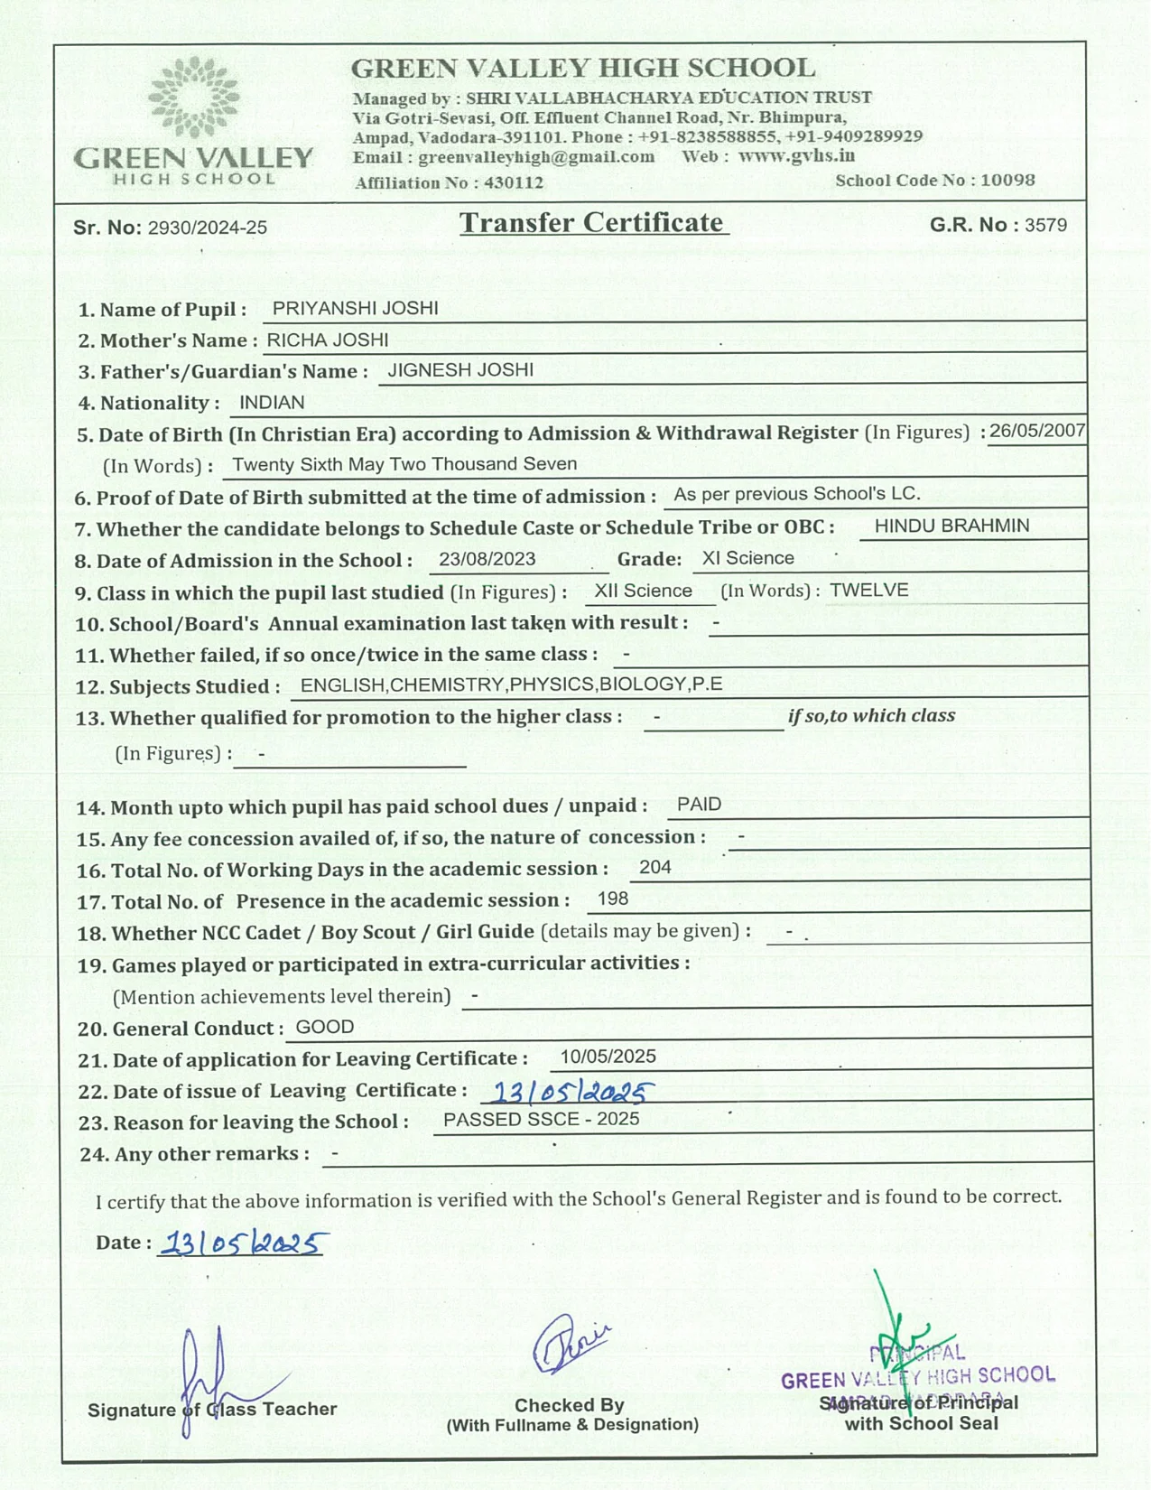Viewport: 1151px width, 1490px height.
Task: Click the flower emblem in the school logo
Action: tap(193, 97)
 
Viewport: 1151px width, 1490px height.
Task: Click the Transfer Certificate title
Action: tap(592, 222)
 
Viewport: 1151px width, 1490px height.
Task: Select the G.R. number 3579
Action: tap(1045, 225)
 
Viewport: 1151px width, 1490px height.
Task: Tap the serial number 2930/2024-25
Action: tap(208, 228)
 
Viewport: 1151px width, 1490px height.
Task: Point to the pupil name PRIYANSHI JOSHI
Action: tap(355, 308)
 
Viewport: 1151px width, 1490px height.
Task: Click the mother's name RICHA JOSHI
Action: tap(328, 340)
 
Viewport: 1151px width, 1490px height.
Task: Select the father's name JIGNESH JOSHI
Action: tap(460, 370)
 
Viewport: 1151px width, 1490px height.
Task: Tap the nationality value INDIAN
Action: tap(272, 403)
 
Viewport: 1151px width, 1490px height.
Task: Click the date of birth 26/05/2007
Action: tap(1037, 431)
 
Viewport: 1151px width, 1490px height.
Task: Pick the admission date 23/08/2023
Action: tap(487, 559)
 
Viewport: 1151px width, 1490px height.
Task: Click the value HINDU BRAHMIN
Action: tap(951, 526)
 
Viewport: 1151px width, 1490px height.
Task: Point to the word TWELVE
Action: tap(869, 591)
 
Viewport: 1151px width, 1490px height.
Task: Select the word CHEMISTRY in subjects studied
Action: tap(449, 684)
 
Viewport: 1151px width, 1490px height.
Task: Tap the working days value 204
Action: tap(655, 868)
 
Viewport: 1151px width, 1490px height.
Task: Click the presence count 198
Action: tap(613, 899)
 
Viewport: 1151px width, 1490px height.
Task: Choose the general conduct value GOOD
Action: tap(325, 1027)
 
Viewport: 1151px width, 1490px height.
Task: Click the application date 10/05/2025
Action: tap(608, 1057)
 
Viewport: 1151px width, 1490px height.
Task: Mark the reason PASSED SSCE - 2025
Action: tap(542, 1120)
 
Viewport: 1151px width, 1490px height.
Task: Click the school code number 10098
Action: tap(1007, 180)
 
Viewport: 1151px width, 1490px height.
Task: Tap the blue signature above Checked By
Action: tap(570, 1343)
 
